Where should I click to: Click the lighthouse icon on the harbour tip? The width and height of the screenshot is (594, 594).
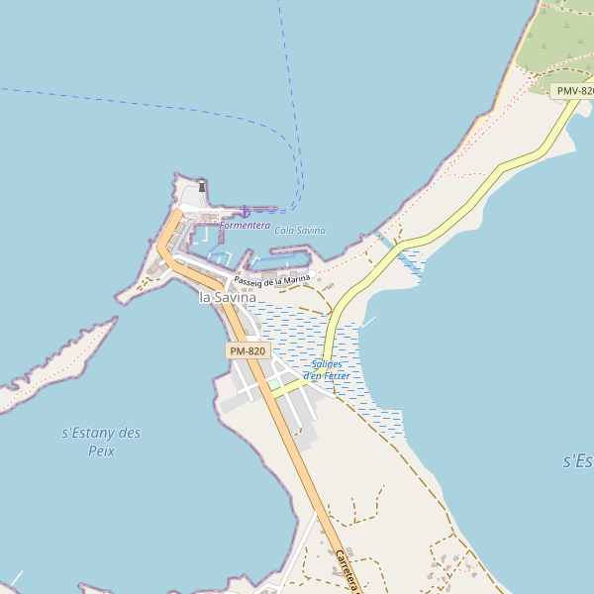pos(202,185)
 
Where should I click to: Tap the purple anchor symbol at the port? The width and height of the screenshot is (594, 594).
pos(244,212)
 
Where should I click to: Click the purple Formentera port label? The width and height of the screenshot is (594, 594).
pos(245,226)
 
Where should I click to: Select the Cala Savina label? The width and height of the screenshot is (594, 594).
pos(300,231)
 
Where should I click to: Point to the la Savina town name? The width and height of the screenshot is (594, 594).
pos(228,297)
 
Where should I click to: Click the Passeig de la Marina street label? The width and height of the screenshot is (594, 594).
pos(272,281)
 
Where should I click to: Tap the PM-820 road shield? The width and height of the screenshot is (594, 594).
pos(247,351)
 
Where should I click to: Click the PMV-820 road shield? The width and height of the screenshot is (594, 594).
pos(573,91)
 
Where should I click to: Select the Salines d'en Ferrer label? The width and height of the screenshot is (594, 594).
pos(327,369)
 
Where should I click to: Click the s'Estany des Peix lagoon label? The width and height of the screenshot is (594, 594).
pos(101,442)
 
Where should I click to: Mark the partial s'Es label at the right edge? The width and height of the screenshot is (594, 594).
pos(578,461)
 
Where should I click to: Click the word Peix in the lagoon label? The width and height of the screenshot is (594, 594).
pos(101,451)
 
